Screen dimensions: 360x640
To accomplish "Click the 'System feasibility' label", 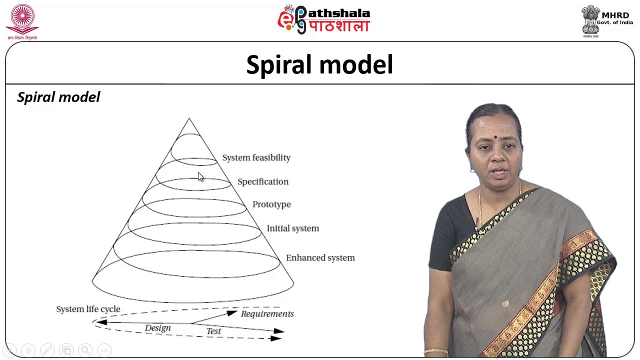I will coord(256,157).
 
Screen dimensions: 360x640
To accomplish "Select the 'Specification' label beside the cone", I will coord(262,181).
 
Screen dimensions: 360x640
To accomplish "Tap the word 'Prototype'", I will coord(271,204).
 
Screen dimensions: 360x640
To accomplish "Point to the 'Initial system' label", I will coord(292,228).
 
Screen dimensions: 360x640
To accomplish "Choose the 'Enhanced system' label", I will coord(320,258).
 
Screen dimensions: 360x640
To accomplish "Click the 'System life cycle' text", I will coord(88,309).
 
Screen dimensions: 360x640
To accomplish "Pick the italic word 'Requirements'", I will coord(267,314).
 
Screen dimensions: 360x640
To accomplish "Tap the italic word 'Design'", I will coord(157,328).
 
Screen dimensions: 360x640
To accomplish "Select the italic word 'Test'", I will coord(213,331).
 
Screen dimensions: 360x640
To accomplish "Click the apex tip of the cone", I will coord(189,119).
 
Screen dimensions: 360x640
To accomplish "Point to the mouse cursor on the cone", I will coord(200,176).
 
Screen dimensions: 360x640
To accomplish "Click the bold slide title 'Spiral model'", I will coord(319,65).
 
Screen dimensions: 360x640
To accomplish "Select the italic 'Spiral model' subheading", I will coord(58,97).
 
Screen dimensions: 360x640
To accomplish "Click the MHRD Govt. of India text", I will coord(615,18).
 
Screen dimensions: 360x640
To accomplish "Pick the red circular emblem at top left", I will coord(22,19).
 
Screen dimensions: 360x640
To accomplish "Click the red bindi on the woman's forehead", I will coord(494,137).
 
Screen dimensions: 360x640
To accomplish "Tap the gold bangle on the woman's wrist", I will coord(435,351).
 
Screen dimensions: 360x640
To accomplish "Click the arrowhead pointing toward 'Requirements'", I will coord(232,313).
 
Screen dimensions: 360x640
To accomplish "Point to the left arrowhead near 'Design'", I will coord(100,322).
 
